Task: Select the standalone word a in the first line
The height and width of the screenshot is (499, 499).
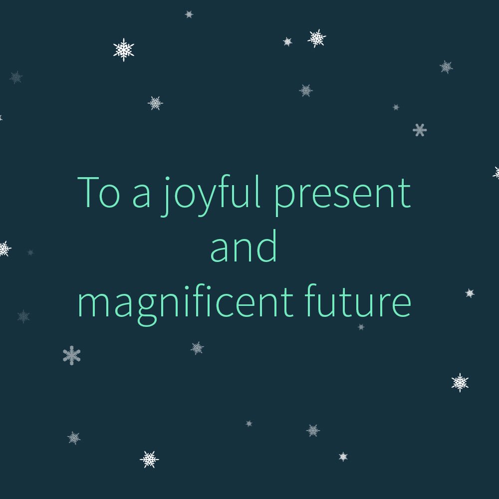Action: pyautogui.click(x=141, y=197)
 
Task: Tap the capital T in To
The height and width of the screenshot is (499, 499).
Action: pyautogui.click(x=90, y=192)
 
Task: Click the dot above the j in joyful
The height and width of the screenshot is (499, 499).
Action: pyautogui.click(x=168, y=178)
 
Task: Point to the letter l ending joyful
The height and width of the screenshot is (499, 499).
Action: pyautogui.click(x=257, y=192)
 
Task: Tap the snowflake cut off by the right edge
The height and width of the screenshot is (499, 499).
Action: pyautogui.click(x=497, y=173)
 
